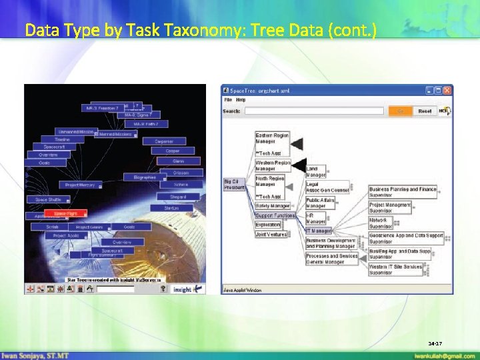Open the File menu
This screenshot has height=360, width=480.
(x=228, y=100)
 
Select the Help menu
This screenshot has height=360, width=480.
(x=241, y=100)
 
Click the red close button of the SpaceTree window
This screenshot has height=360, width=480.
(x=447, y=90)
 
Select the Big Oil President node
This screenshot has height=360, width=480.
(x=235, y=184)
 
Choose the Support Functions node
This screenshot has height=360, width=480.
(x=275, y=215)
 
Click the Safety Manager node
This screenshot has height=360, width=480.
(x=272, y=206)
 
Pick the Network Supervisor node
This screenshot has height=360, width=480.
(x=380, y=223)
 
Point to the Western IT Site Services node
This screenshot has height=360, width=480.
(x=396, y=269)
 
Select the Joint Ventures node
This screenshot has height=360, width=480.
(x=271, y=235)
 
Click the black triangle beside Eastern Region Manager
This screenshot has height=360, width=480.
(x=297, y=143)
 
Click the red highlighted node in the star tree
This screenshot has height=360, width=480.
(x=65, y=214)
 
